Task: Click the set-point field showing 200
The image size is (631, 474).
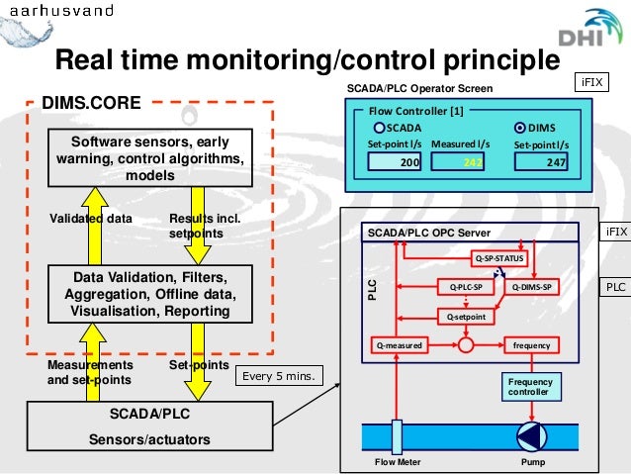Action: [397, 163]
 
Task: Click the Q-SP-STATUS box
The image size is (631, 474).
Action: [499, 259]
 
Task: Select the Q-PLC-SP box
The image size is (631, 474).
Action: [465, 287]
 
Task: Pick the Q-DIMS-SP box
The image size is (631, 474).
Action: [533, 287]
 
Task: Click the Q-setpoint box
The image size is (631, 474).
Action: [465, 317]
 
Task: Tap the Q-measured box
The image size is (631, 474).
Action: [399, 345]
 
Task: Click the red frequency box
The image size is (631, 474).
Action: [532, 345]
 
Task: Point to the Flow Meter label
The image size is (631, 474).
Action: [398, 462]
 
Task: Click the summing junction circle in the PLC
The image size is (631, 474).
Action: [466, 345]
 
